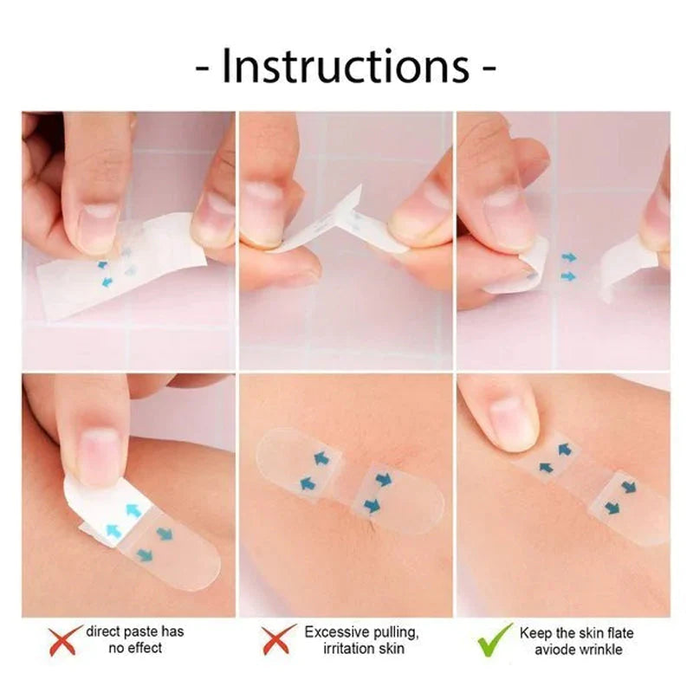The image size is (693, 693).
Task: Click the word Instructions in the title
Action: pyautogui.click(x=346, y=67)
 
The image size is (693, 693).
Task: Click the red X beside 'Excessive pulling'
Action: pyautogui.click(x=278, y=641)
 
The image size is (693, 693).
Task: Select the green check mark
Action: pyautogui.click(x=495, y=641)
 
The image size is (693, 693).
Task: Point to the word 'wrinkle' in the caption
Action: pyautogui.click(x=601, y=650)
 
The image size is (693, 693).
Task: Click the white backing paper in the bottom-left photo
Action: pyautogui.click(x=95, y=511)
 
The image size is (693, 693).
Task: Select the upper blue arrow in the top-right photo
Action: pyautogui.click(x=568, y=257)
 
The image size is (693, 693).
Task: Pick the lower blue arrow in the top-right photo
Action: pyautogui.click(x=568, y=276)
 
